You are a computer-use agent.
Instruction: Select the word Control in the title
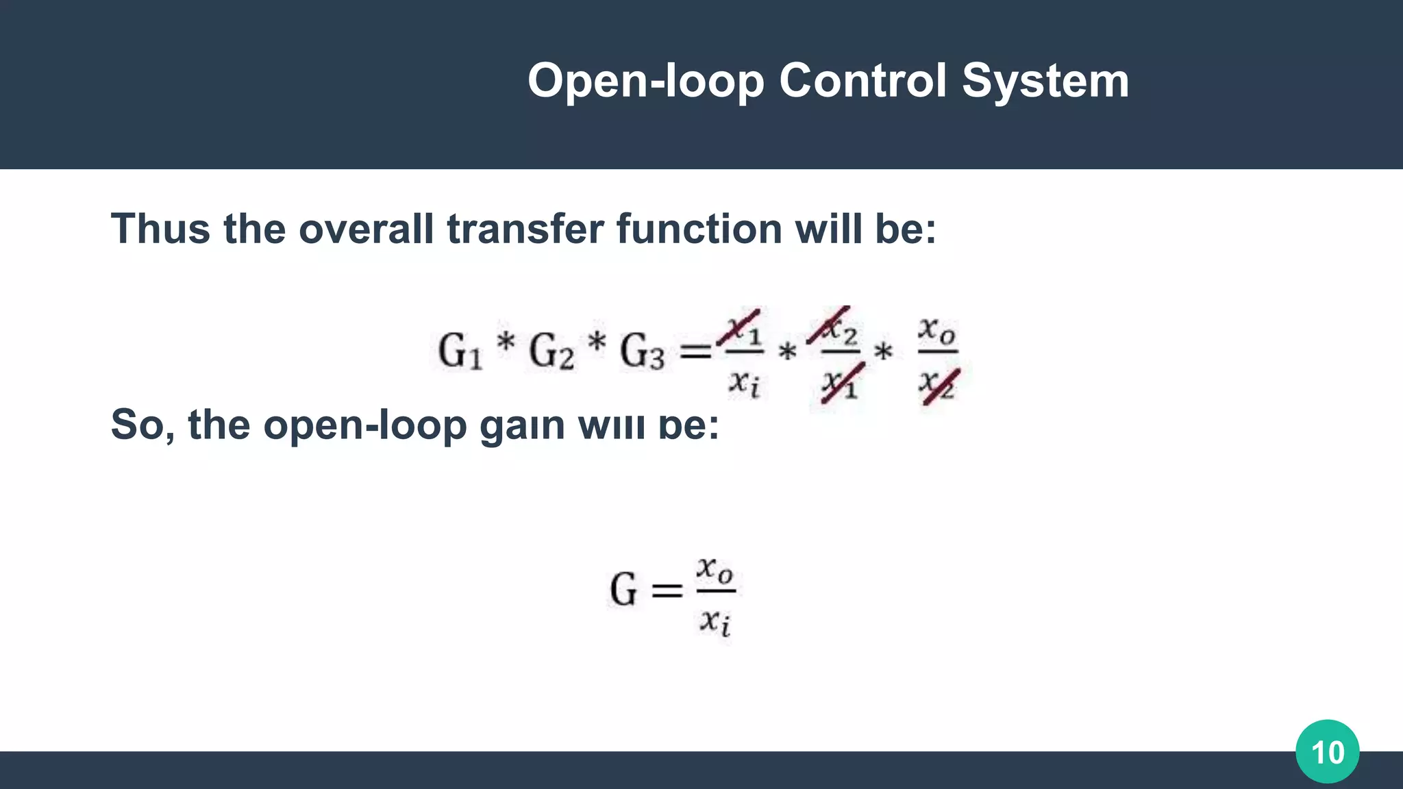click(862, 81)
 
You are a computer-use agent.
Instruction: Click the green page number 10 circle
click(1327, 751)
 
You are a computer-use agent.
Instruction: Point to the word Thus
click(160, 229)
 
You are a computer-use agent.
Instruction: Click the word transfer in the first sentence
click(525, 229)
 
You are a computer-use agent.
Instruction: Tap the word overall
click(366, 229)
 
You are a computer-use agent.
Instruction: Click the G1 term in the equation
click(460, 351)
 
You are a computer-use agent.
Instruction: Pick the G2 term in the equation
click(551, 351)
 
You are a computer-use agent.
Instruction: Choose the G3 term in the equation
click(642, 351)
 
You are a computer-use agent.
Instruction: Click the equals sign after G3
click(695, 352)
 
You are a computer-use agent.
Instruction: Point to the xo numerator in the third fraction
click(936, 330)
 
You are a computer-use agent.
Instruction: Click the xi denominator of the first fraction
click(743, 382)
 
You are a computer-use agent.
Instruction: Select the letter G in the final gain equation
click(623, 590)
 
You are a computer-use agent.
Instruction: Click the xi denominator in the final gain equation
click(715, 622)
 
